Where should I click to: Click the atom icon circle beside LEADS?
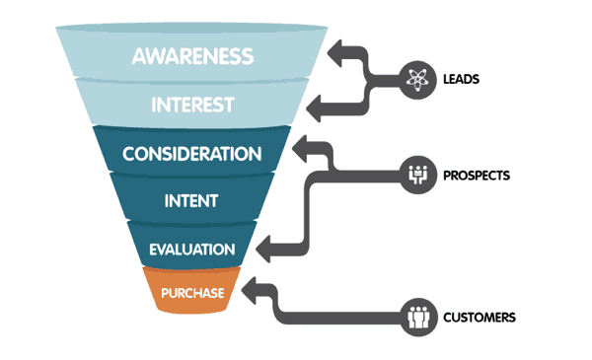(418, 77)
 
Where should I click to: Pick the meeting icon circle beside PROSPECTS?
(418, 176)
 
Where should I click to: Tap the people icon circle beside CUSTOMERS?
(418, 317)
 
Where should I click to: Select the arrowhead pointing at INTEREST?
(315, 102)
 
